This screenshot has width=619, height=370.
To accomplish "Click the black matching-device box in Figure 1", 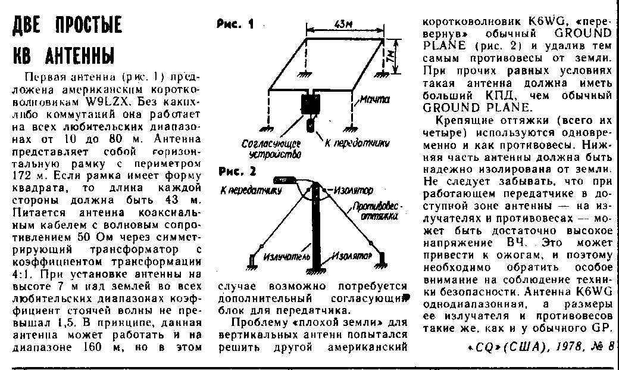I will (x=310, y=106).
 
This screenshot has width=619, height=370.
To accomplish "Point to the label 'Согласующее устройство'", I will (x=271, y=148).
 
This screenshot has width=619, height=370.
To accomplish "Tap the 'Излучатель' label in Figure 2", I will (x=287, y=256).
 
